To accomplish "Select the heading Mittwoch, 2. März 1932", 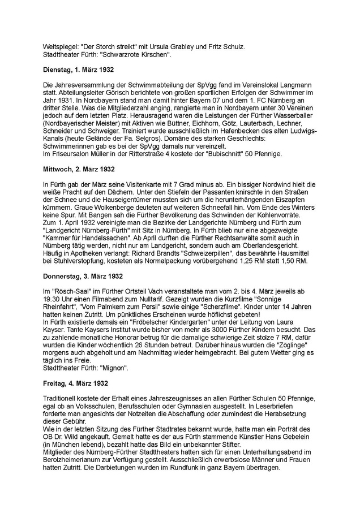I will tap(79, 169).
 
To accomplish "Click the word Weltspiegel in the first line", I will tap(60, 46).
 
